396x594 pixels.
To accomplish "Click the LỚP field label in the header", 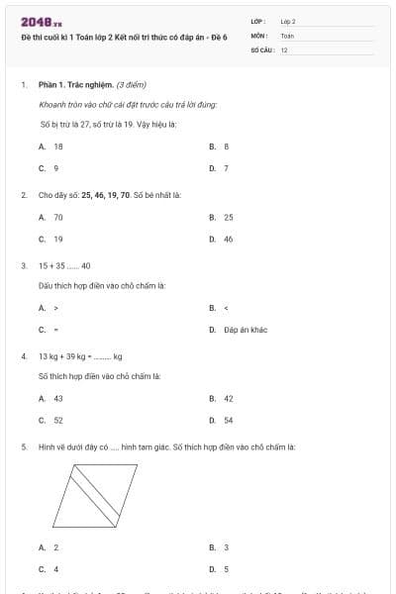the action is pyautogui.click(x=258, y=21).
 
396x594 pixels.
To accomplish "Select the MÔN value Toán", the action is pyautogui.click(x=287, y=35).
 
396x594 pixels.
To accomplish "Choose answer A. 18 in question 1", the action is pyautogui.click(x=51, y=146).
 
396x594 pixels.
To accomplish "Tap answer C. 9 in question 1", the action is pyautogui.click(x=49, y=167).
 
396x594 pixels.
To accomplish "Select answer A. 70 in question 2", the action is pyautogui.click(x=51, y=217).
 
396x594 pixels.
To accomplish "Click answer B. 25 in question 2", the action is pyautogui.click(x=222, y=217).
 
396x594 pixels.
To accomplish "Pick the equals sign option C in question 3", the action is pyautogui.click(x=49, y=330).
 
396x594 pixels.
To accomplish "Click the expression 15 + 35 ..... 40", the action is pyautogui.click(x=64, y=266).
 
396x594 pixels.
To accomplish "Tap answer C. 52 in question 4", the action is pyautogui.click(x=51, y=421).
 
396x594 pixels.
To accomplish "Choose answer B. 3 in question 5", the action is pyautogui.click(x=220, y=547).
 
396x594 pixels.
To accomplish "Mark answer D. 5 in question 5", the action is pyautogui.click(x=220, y=569).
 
